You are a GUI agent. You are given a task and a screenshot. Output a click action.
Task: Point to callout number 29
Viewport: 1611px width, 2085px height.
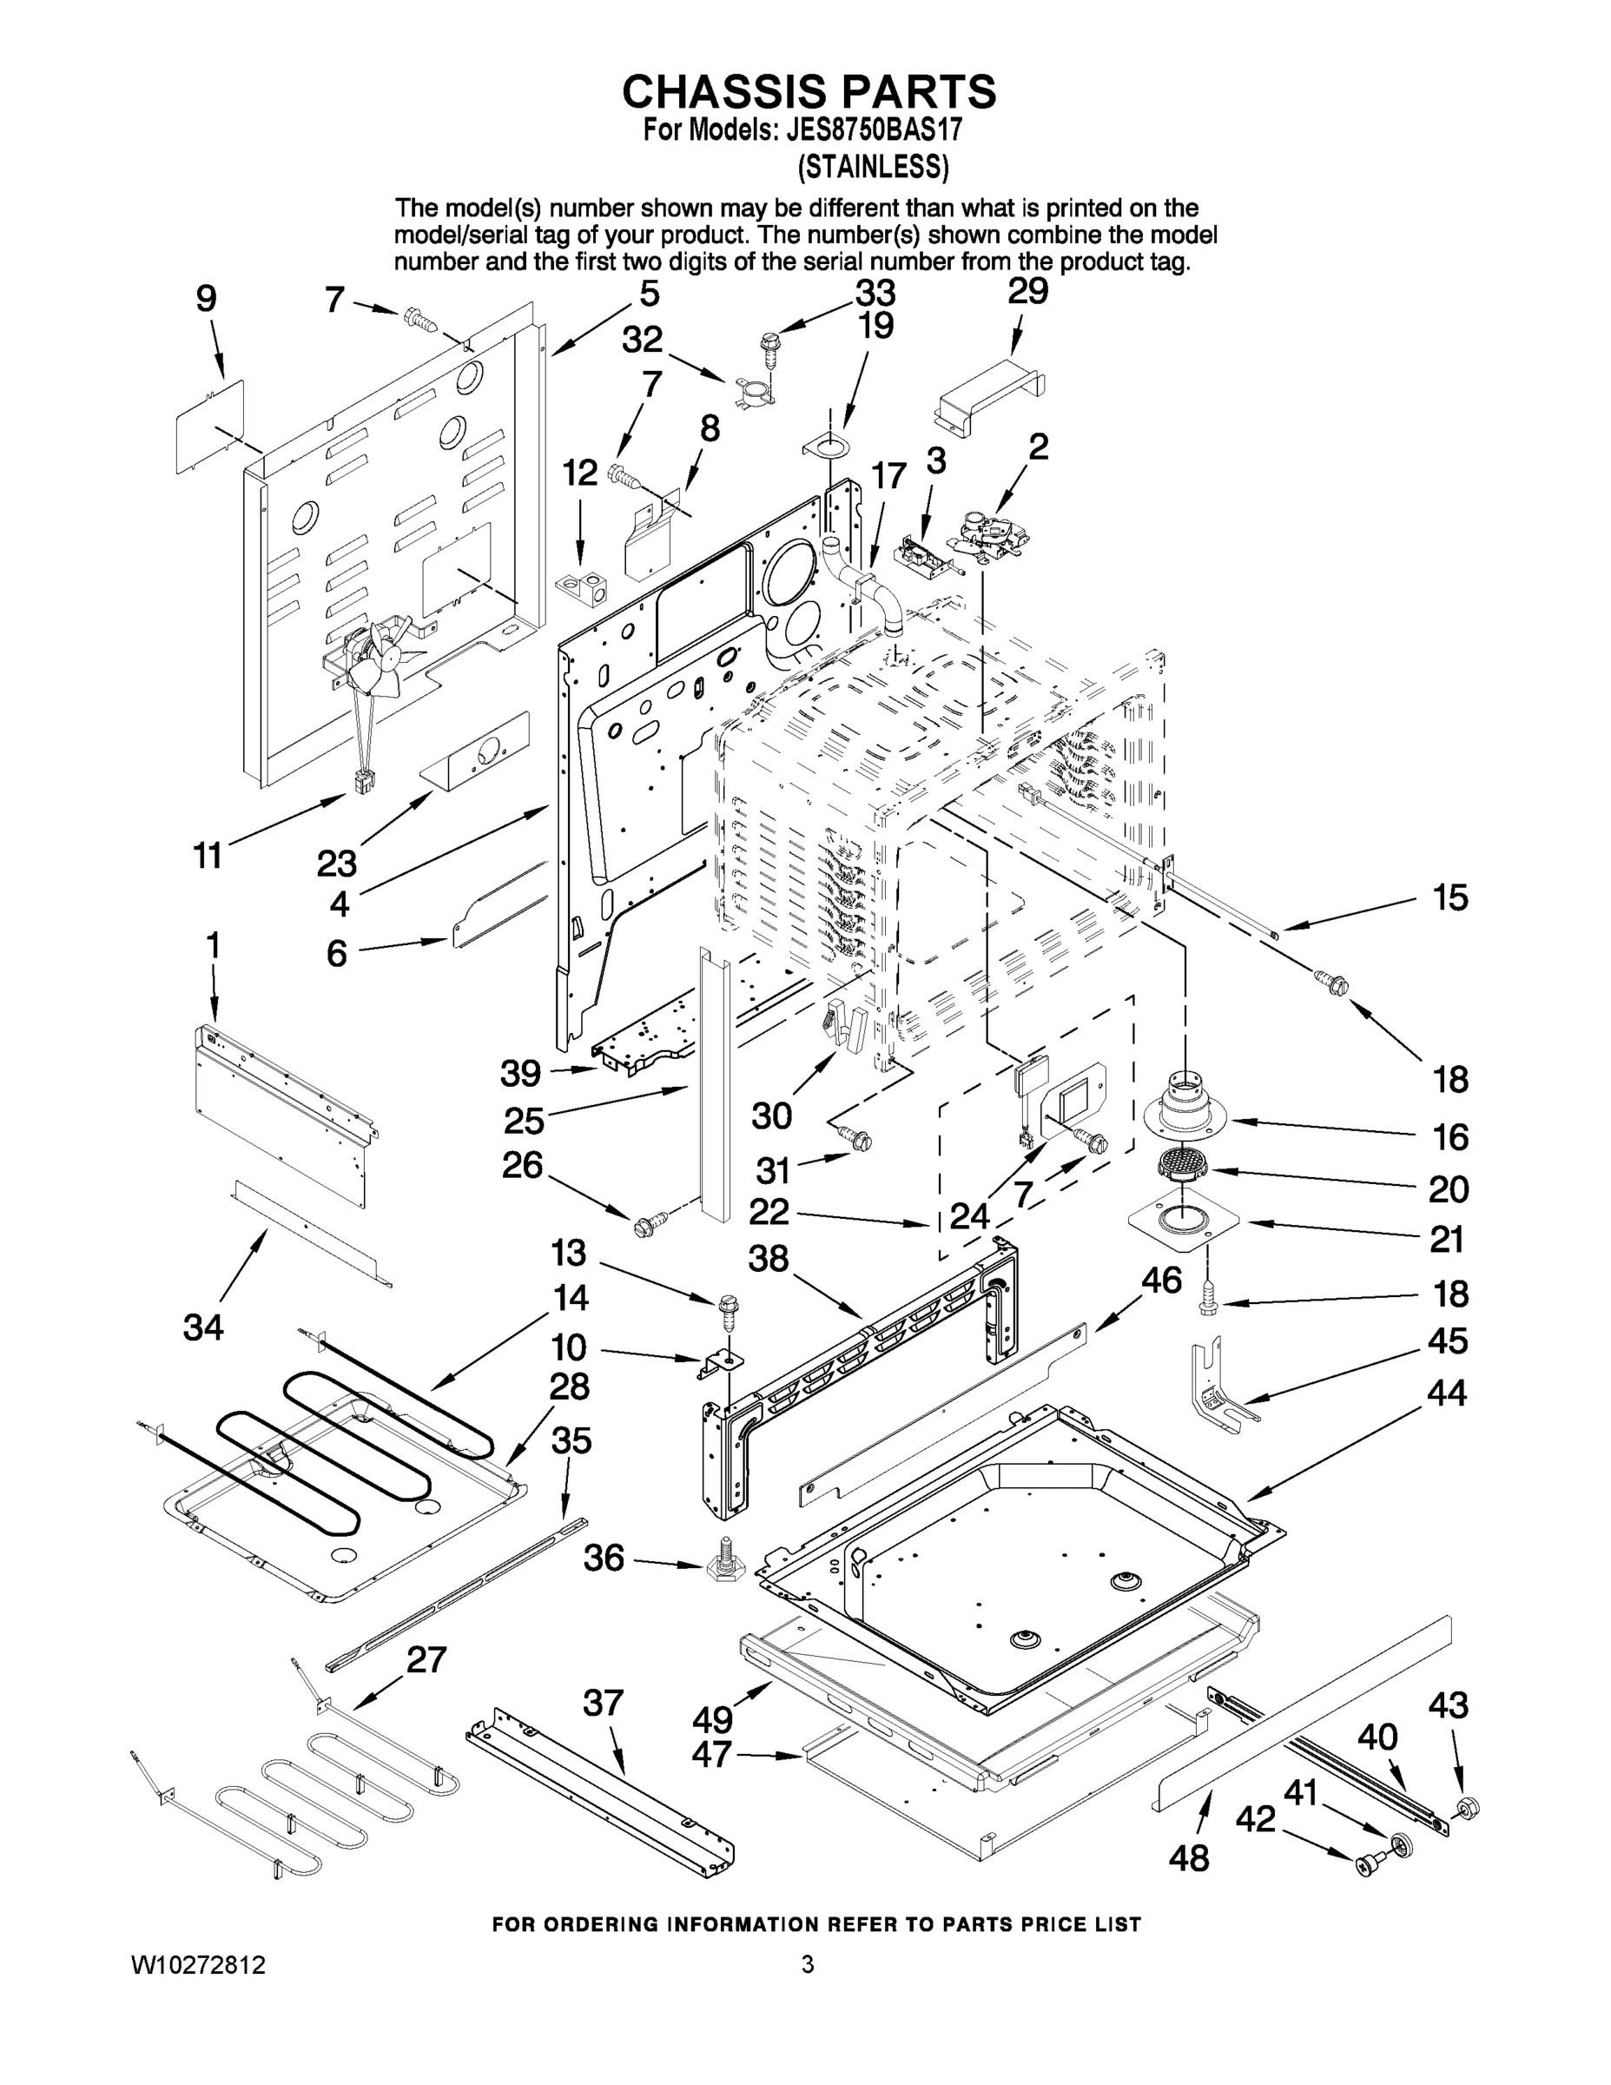[1028, 291]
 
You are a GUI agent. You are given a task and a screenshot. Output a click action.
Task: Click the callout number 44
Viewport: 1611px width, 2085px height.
[1446, 1393]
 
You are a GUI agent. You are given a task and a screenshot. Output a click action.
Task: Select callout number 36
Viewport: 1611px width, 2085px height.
[604, 1557]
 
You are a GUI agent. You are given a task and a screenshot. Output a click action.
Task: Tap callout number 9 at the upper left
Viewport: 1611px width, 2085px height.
[206, 300]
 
